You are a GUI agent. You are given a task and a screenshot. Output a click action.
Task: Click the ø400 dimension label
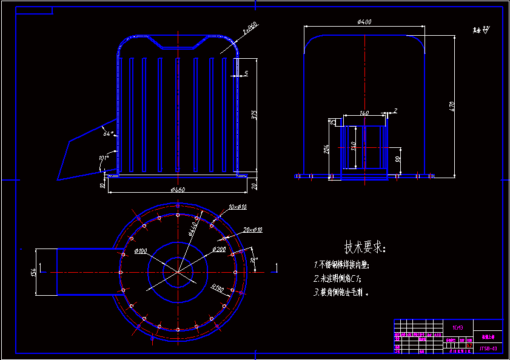[364, 22]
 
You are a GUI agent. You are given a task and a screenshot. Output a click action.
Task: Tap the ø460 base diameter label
[177, 190]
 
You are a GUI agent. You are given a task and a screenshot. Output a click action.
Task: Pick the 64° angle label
[108, 133]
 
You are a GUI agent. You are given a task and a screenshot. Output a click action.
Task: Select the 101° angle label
[103, 159]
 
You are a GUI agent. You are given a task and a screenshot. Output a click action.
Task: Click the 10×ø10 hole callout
[237, 207]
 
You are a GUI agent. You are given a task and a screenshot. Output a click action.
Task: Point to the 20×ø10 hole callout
[253, 230]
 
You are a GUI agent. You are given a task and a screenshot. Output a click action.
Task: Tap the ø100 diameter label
[141, 251]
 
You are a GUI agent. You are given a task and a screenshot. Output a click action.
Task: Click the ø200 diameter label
[219, 249]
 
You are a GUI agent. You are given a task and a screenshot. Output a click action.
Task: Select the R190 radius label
[218, 289]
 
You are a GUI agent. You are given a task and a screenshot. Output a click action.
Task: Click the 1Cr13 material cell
[458, 327]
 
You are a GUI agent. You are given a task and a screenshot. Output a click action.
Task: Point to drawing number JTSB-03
[488, 348]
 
